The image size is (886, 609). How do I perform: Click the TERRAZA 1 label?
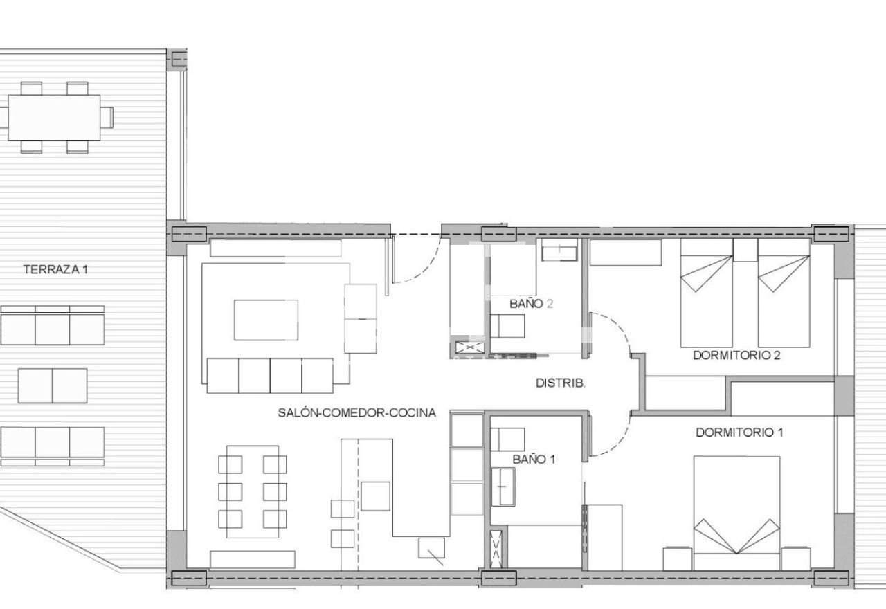(55, 269)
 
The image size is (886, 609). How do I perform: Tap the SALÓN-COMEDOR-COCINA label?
(356, 413)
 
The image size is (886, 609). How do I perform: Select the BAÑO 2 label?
(531, 304)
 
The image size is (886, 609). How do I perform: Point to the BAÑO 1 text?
(534, 459)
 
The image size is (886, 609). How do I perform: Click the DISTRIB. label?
(561, 383)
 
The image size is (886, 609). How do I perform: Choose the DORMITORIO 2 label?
(737, 355)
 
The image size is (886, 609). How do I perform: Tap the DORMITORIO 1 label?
(739, 433)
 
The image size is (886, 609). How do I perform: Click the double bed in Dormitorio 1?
(737, 513)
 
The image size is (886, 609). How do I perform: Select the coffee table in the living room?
(266, 320)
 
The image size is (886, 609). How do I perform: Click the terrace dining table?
(54, 118)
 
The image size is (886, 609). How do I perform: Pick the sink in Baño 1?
(503, 487)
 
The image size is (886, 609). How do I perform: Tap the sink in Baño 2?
(559, 250)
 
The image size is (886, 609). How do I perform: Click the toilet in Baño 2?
(507, 326)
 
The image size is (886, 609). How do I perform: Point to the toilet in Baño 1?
(507, 439)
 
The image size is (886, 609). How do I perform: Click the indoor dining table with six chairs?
(253, 491)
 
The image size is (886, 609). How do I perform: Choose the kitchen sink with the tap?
(431, 548)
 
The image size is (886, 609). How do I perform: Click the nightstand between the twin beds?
(745, 250)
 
